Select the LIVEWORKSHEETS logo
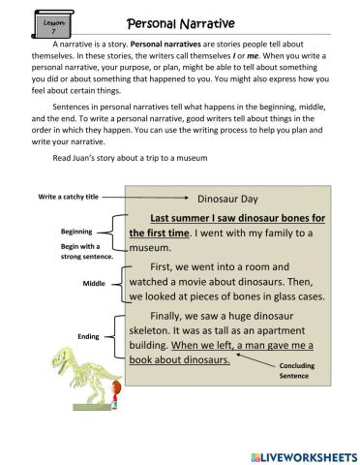tap(304, 451)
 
